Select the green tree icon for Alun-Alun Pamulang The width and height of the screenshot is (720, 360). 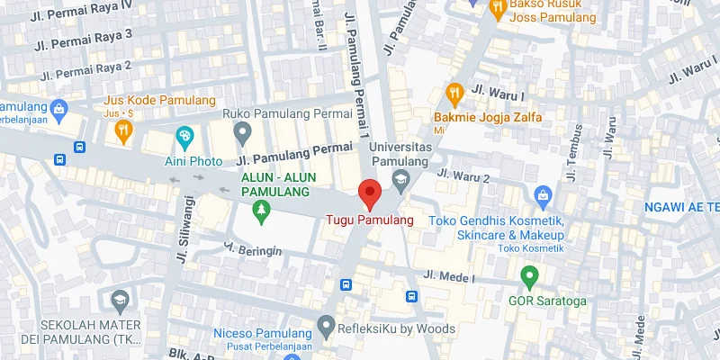click(261, 211)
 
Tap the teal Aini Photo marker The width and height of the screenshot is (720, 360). click(185, 137)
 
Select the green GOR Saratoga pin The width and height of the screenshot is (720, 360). click(529, 274)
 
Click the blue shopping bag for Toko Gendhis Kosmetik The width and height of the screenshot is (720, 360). click(543, 194)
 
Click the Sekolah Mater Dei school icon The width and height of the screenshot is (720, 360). click(119, 299)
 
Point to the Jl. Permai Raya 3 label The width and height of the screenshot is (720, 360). click(83, 39)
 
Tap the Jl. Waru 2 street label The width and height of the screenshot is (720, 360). click(463, 175)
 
